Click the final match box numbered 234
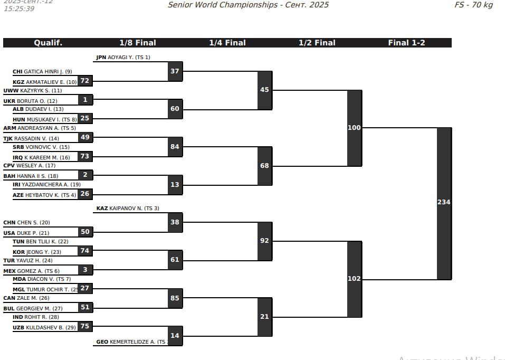pyautogui.click(x=444, y=203)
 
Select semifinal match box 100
pyautogui.click(x=354, y=128)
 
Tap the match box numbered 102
pyautogui.click(x=354, y=279)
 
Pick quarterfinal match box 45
pyautogui.click(x=264, y=90)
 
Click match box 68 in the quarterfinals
pyautogui.click(x=264, y=166)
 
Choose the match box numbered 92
pyautogui.click(x=264, y=241)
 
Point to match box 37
pyautogui.click(x=175, y=71)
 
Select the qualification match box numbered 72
pyautogui.click(x=85, y=81)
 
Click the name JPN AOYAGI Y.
pyautogui.click(x=123, y=57)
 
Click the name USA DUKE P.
pyautogui.click(x=26, y=233)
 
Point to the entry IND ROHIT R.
pyautogui.click(x=36, y=317)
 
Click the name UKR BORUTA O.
pyautogui.click(x=30, y=101)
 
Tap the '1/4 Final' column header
pyautogui.click(x=227, y=43)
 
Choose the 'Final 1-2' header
pyautogui.click(x=406, y=43)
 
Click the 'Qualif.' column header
pyautogui.click(x=48, y=43)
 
